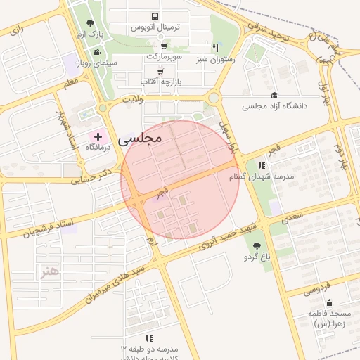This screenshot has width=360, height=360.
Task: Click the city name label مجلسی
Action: click(141, 138)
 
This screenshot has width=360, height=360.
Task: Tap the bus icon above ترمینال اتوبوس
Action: click(155, 16)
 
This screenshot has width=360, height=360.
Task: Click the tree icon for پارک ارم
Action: click(89, 23)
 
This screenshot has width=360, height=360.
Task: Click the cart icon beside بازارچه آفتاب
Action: click(161, 72)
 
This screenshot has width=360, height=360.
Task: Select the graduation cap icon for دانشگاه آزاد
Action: click(274, 96)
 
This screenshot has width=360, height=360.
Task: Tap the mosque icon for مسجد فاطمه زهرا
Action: click(329, 303)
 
